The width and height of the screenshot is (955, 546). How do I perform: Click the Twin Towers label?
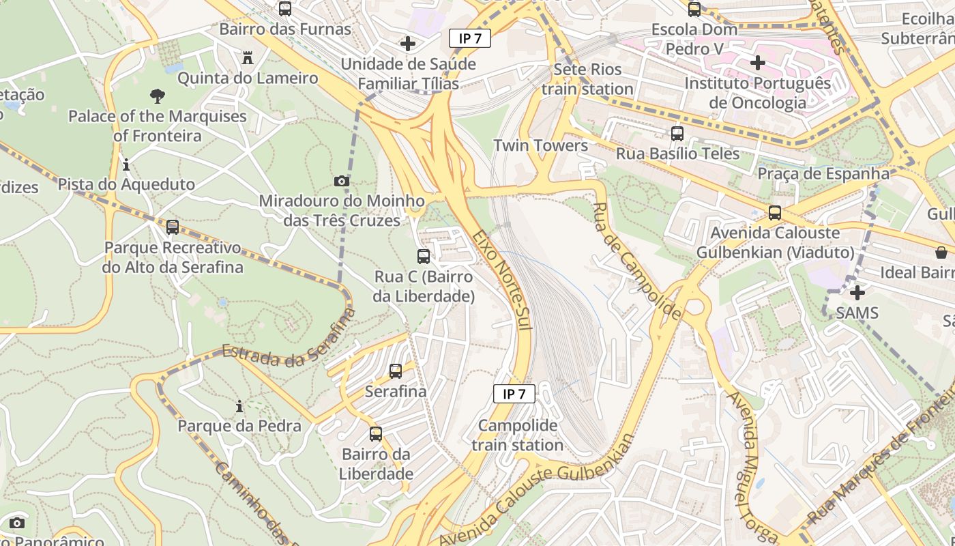pyautogui.click(x=540, y=145)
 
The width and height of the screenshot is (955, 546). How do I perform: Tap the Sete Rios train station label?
pyautogui.click(x=587, y=79)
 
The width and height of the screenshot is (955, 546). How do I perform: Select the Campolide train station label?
pyautogui.click(x=517, y=435)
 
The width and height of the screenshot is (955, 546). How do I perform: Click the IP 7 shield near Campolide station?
pyautogui.click(x=514, y=394)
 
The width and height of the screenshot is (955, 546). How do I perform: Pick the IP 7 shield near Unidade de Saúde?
pyautogui.click(x=470, y=38)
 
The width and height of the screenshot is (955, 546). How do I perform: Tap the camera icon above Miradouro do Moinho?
pyautogui.click(x=342, y=181)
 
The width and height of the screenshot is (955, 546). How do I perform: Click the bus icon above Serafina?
pyautogui.click(x=396, y=371)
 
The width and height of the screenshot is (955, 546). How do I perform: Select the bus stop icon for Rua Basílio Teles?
pyautogui.click(x=677, y=134)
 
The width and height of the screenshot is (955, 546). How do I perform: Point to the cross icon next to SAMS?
pyautogui.click(x=857, y=293)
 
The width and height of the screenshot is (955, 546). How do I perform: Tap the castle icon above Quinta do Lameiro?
pyautogui.click(x=248, y=59)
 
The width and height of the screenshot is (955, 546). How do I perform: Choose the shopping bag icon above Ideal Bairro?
pyautogui.click(x=941, y=253)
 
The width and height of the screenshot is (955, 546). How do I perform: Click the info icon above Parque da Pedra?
pyautogui.click(x=239, y=407)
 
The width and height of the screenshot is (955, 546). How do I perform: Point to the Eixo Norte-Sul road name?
pyautogui.click(x=501, y=280)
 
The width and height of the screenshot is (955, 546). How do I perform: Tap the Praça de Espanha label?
pyautogui.click(x=823, y=173)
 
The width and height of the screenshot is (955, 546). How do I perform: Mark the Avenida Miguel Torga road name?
pyautogui.click(x=752, y=464)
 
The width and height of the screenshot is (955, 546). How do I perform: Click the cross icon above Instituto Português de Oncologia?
pyautogui.click(x=757, y=63)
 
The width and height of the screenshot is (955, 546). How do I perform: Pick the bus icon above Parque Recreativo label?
pyautogui.click(x=173, y=227)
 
